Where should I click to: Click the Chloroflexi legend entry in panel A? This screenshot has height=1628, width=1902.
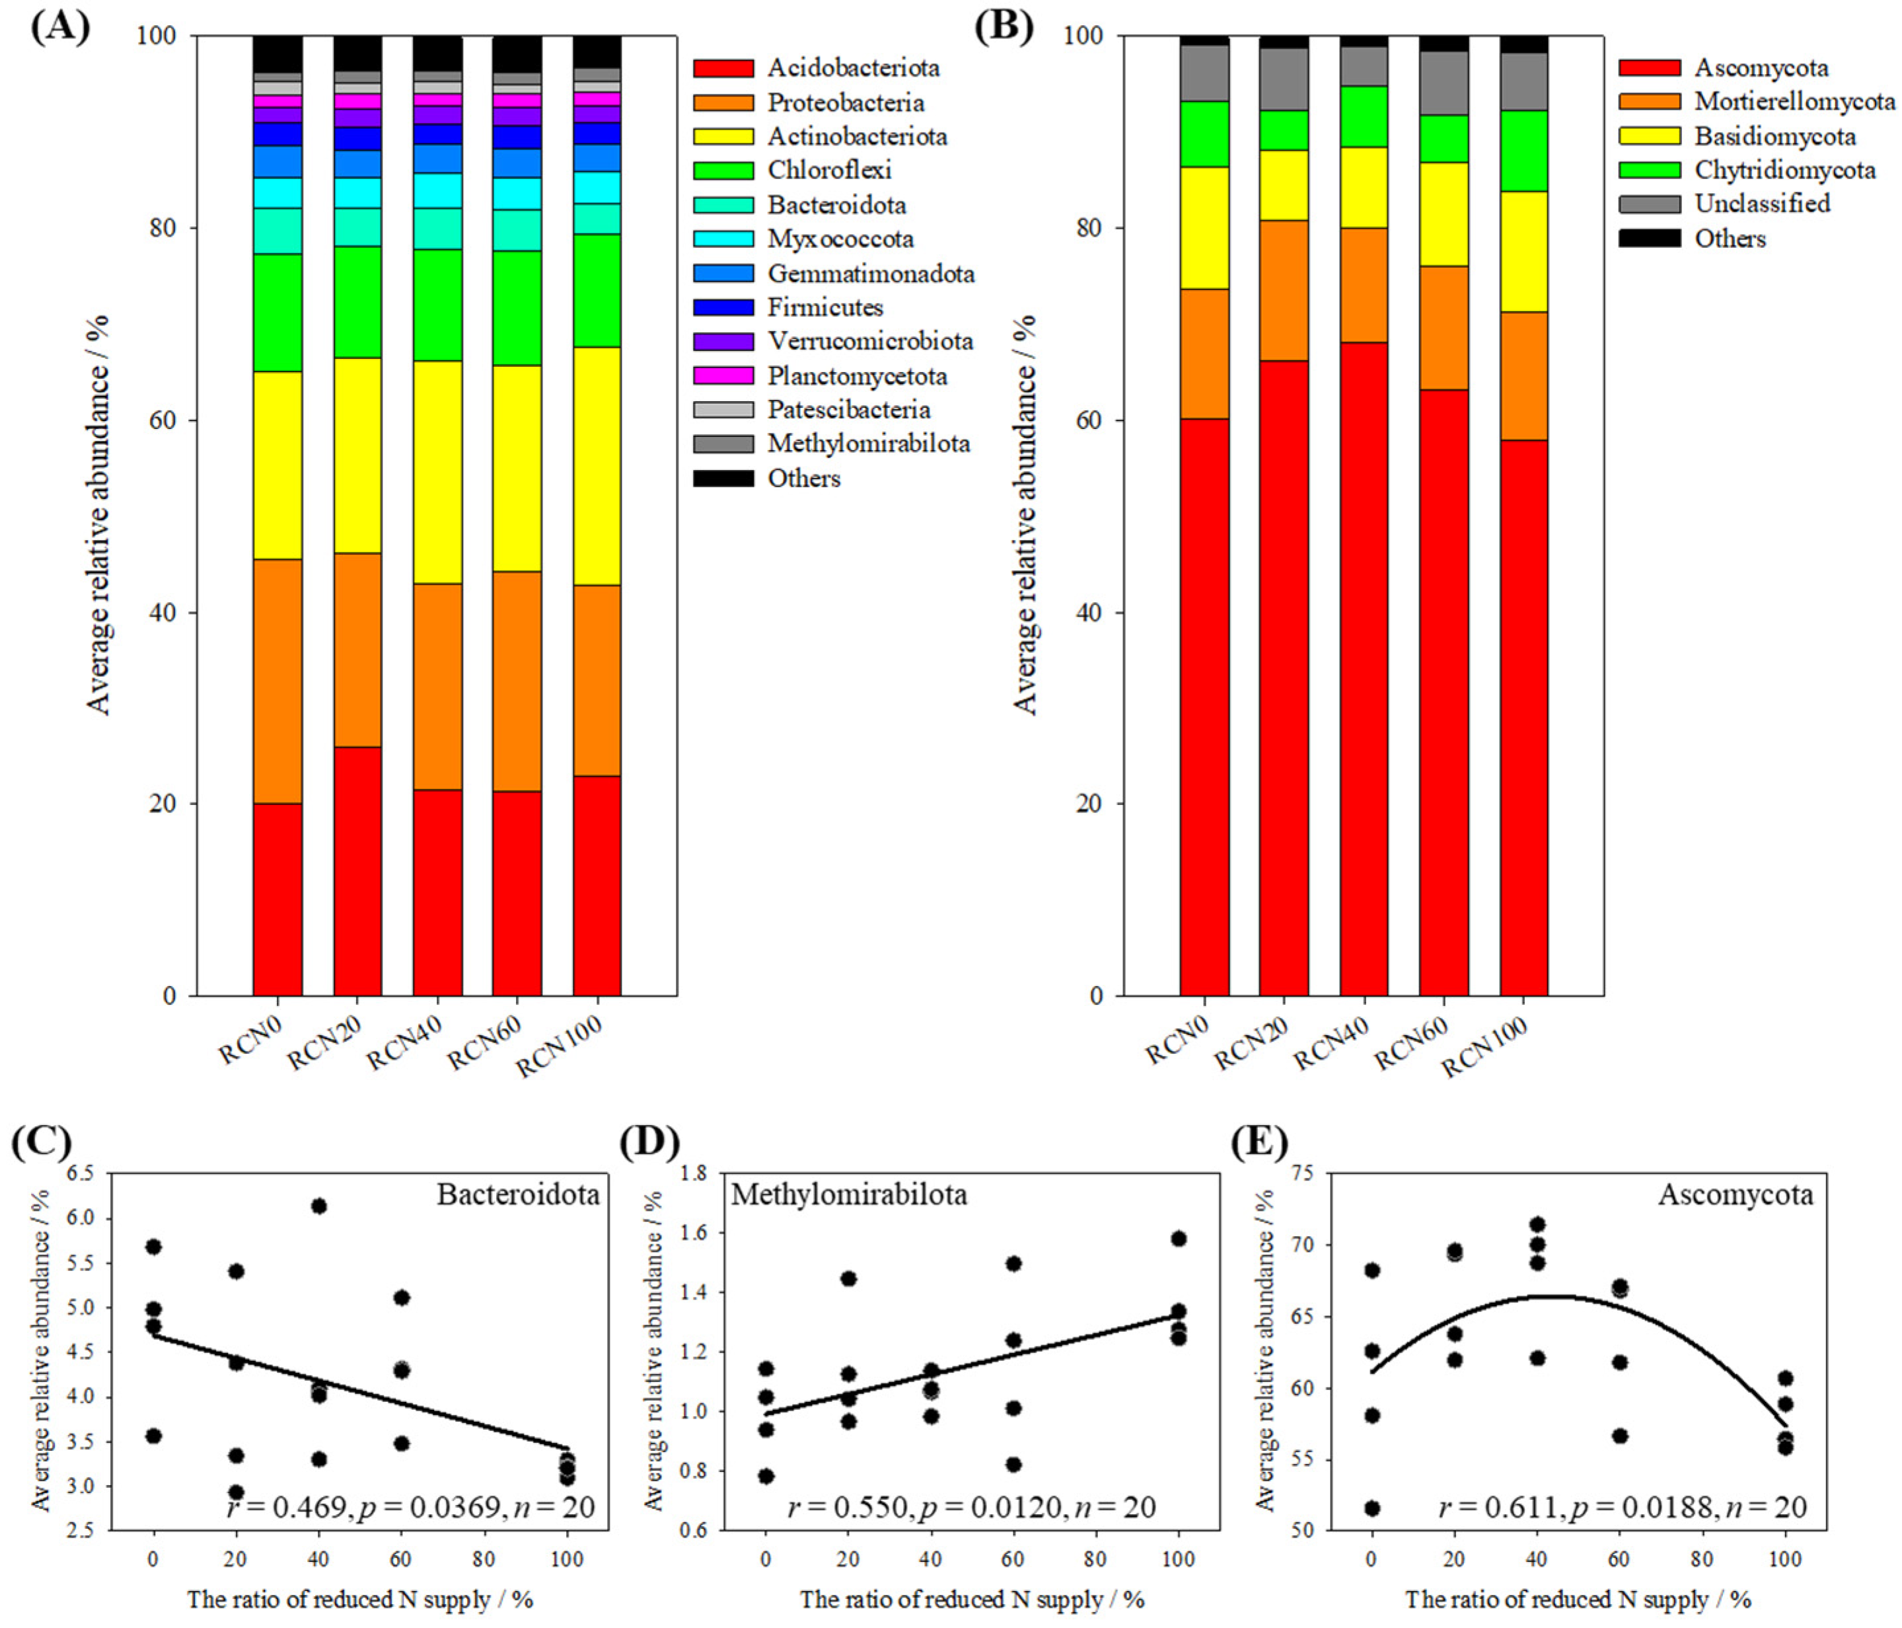(x=829, y=171)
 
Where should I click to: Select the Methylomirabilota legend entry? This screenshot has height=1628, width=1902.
(x=867, y=444)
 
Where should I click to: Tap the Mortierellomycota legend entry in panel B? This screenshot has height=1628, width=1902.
(x=1794, y=102)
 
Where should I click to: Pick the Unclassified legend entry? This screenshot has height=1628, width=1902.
(x=1761, y=204)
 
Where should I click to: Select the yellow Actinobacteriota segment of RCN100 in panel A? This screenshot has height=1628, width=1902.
(x=597, y=467)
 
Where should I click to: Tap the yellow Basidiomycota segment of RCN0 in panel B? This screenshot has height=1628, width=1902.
(x=1204, y=228)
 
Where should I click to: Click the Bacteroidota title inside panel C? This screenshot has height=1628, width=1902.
(x=518, y=1194)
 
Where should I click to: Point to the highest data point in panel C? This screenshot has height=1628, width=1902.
(x=318, y=1206)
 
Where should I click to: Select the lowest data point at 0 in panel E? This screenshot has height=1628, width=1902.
(x=1372, y=1508)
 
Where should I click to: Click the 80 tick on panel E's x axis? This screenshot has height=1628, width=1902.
(x=1701, y=1559)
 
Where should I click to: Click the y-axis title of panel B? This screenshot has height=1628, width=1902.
(x=1025, y=514)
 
